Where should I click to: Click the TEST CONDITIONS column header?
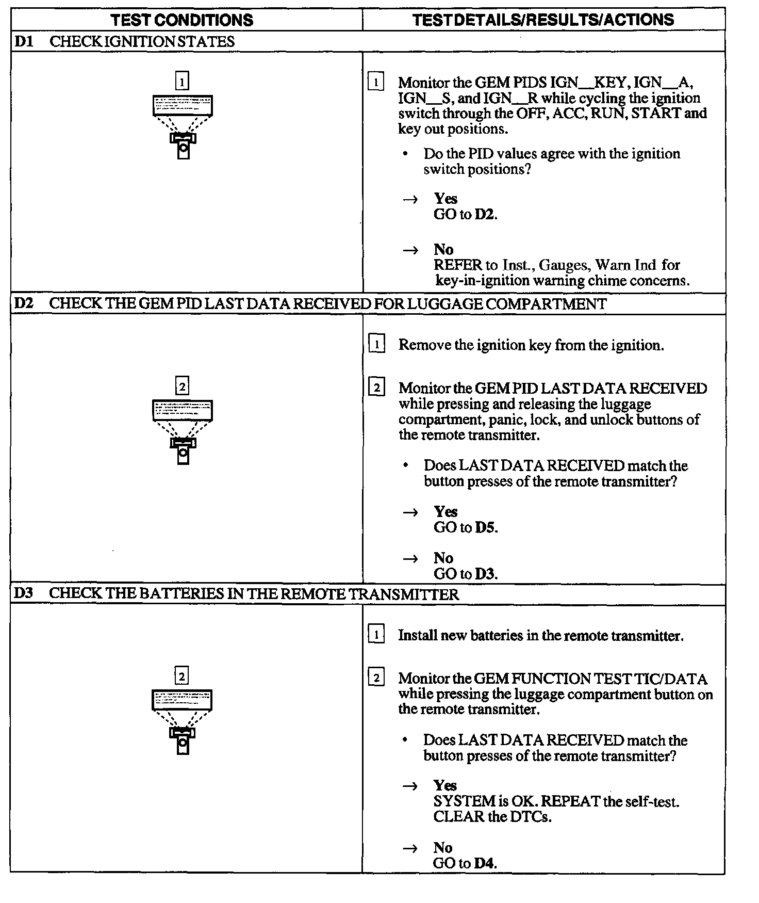[x=182, y=20]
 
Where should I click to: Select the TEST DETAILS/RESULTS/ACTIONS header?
[x=543, y=20]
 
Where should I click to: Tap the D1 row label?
[x=24, y=41]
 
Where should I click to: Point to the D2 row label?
[x=24, y=303]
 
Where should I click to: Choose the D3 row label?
[x=24, y=593]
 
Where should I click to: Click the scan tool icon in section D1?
[x=183, y=126]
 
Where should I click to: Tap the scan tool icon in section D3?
[x=183, y=721]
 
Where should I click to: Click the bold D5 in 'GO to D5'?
[x=485, y=527]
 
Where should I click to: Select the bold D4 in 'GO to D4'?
[x=485, y=863]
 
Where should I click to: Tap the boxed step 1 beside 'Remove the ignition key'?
[x=377, y=344]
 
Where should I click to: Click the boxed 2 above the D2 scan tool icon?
[x=182, y=386]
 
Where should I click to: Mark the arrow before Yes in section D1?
[x=410, y=200]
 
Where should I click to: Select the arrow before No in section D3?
[x=410, y=848]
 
